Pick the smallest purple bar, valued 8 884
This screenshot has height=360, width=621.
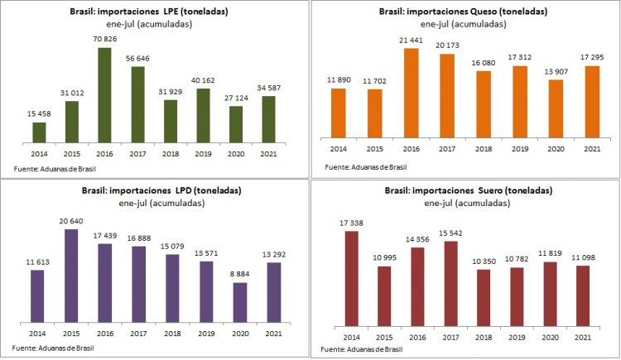point(239,301)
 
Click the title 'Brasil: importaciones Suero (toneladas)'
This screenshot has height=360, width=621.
point(465,191)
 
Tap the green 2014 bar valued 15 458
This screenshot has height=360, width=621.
point(39,133)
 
